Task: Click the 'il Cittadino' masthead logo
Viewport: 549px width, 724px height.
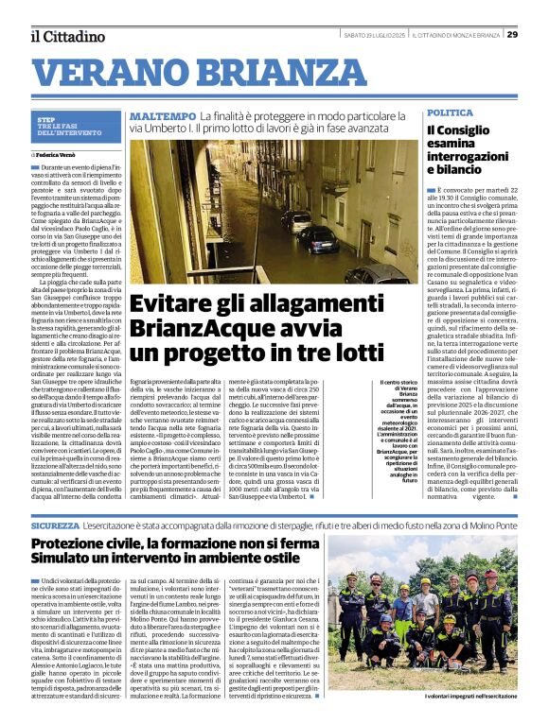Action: pyautogui.click(x=67, y=36)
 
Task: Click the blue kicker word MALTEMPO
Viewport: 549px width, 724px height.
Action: pyautogui.click(x=163, y=115)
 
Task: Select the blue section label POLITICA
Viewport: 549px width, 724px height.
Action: pyautogui.click(x=450, y=112)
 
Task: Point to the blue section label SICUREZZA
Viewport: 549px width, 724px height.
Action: pyautogui.click(x=55, y=523)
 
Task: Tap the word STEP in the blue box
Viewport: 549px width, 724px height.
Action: pyautogui.click(x=45, y=119)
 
